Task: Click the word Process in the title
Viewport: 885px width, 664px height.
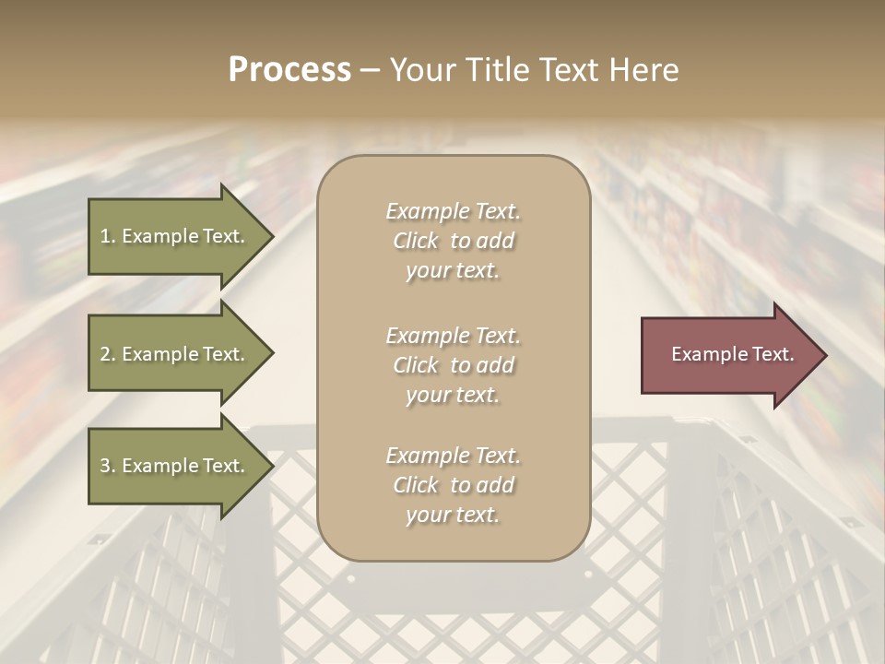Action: coord(289,70)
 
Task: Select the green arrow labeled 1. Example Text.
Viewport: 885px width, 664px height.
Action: coord(175,236)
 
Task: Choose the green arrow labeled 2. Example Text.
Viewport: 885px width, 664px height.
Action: coord(175,354)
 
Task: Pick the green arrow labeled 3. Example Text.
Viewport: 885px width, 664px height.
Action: coord(175,466)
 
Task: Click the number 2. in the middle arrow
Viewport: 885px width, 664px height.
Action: coord(108,354)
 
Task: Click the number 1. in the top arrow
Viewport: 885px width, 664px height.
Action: coord(107,236)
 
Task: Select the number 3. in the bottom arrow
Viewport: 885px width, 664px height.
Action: coord(108,466)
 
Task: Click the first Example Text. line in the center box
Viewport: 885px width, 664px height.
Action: coord(453,211)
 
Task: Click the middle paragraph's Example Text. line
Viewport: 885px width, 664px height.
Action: coord(453,335)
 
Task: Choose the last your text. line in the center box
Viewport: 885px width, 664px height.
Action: coord(453,516)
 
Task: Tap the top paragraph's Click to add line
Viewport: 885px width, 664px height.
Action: coord(453,242)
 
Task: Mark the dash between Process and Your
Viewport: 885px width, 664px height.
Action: coord(371,70)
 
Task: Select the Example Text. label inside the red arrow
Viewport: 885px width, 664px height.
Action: coord(732,354)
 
